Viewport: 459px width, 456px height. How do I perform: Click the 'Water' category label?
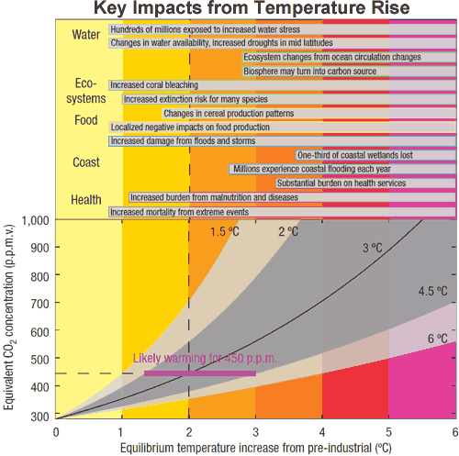point(86,35)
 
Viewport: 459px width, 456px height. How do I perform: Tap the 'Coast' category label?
point(86,163)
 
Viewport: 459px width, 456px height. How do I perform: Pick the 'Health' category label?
point(86,199)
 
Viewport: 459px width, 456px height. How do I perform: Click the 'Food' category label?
point(85,120)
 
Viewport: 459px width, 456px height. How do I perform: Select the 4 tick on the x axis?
point(322,432)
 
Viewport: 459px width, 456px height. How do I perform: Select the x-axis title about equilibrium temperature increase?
point(256,447)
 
